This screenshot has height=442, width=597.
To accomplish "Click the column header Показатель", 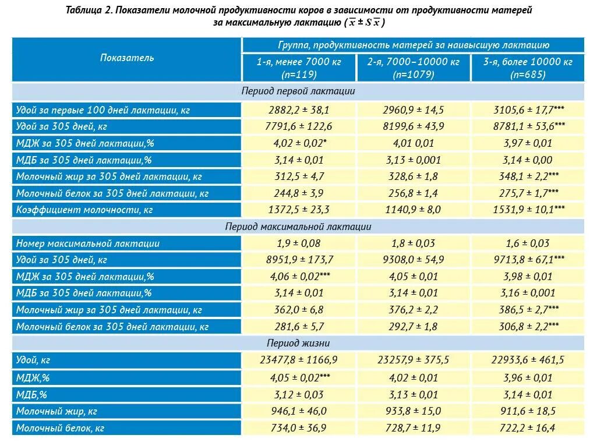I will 127,58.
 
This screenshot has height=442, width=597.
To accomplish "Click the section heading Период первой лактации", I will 298,91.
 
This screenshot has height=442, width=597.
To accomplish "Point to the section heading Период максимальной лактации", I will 298,227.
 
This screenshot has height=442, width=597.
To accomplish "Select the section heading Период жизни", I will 298,344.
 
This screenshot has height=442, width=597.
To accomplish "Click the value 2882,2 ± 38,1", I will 299,109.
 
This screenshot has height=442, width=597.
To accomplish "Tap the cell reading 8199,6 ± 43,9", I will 414,126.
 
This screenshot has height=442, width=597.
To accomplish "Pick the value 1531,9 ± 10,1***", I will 527,210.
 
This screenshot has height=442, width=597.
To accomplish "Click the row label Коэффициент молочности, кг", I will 84,210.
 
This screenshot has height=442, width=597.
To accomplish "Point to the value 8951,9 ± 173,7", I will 299,260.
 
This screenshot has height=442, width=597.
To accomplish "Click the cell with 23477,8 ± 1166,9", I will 299,361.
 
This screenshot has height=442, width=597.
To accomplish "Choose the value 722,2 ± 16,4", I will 527,428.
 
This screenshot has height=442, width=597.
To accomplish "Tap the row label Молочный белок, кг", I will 60,428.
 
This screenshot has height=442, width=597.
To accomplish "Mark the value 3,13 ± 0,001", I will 414,160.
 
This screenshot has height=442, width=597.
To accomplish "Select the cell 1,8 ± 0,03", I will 414,243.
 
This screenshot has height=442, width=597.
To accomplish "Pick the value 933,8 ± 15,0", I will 414,411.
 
